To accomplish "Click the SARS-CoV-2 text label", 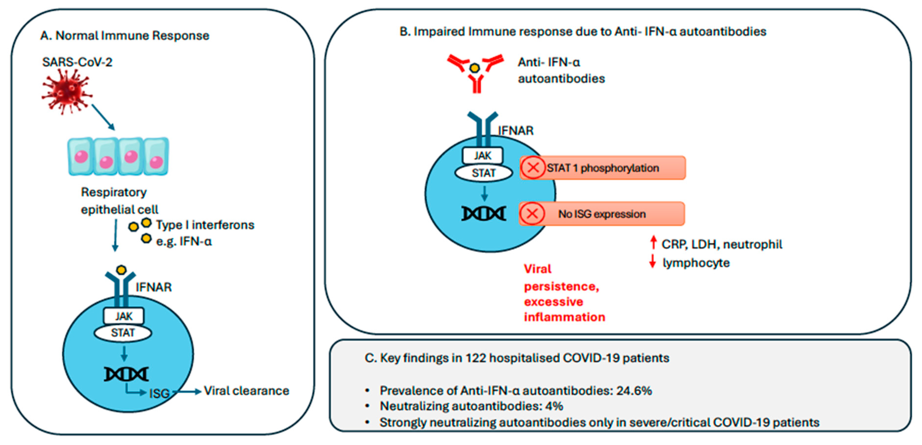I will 77,62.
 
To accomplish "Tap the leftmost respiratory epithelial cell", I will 81,156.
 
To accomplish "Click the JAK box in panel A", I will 124,316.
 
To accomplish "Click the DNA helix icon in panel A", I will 126,374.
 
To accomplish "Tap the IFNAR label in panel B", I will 515,131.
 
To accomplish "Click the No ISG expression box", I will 602,214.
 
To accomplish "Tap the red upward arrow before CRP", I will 653,242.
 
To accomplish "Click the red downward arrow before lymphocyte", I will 652,261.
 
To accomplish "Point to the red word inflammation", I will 564,317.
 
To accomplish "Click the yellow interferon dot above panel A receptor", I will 122,269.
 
